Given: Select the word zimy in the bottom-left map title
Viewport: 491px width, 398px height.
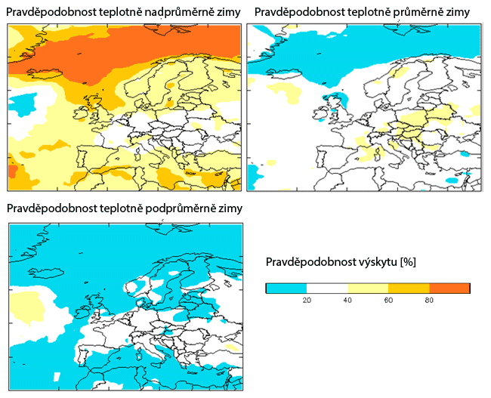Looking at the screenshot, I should tap(230, 208).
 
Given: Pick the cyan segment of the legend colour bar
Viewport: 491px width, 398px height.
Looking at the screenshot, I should tap(286, 288).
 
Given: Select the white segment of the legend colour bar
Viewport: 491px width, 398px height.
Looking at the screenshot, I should tap(327, 288).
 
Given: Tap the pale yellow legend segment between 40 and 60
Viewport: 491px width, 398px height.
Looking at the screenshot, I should tap(368, 288).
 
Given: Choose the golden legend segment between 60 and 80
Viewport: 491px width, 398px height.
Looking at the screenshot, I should tap(409, 288).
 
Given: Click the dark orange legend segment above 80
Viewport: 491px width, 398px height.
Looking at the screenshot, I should tap(449, 288).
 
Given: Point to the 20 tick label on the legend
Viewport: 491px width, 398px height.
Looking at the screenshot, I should tap(307, 300).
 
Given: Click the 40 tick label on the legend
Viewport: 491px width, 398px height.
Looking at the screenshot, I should tap(347, 300).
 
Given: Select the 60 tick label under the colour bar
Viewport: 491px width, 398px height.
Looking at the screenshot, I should tap(388, 300).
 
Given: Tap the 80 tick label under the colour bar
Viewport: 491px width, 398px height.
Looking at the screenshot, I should tap(429, 300).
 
